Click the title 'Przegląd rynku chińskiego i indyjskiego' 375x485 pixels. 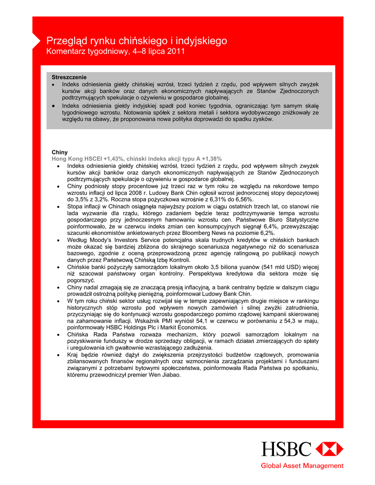(137, 41)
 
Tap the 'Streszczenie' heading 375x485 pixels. (69, 77)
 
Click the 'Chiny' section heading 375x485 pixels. (60, 153)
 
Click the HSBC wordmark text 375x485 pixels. (286, 449)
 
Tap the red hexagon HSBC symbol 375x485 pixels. (329, 449)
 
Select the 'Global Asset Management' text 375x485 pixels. (302, 466)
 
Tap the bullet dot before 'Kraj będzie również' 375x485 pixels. (57, 355)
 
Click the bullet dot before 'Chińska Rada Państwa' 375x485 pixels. (57, 334)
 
